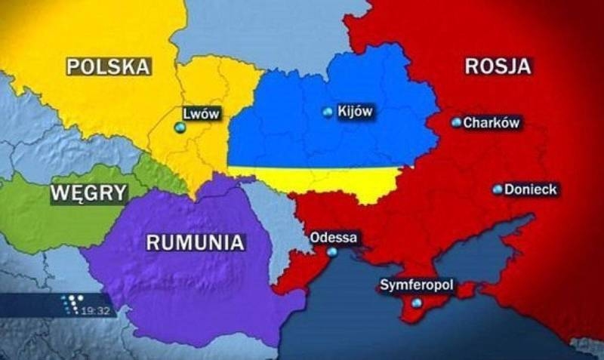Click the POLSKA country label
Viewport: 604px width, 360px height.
(108, 66)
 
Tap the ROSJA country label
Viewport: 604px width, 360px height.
(498, 66)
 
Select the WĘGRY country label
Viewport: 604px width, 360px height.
(88, 192)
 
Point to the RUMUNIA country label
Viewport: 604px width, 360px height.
(195, 242)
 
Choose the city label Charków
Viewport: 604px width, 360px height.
(492, 122)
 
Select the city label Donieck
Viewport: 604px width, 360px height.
(530, 189)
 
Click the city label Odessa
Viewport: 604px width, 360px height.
(334, 238)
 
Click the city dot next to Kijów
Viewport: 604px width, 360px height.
(327, 112)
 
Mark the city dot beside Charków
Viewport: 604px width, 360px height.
(456, 122)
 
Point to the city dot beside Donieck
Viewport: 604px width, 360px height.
(498, 189)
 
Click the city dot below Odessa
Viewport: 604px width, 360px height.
(333, 254)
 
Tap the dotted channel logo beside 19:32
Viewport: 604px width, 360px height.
(70, 305)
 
